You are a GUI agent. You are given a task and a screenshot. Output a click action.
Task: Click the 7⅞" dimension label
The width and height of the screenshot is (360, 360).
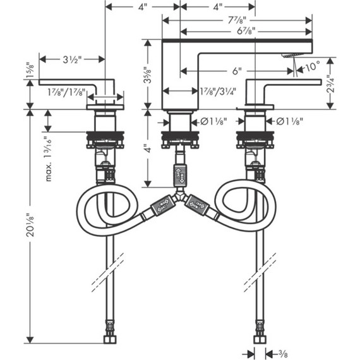[237, 20]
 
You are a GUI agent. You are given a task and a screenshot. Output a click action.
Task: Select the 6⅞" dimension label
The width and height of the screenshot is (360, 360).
[246, 31]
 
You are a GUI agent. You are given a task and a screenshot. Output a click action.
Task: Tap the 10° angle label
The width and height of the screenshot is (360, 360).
[313, 66]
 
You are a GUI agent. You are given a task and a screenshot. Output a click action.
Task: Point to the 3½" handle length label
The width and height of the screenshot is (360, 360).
[73, 60]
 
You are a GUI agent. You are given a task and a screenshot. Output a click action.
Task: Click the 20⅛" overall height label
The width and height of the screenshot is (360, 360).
[30, 225]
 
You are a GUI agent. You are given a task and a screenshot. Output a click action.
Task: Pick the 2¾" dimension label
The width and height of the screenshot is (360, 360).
[330, 84]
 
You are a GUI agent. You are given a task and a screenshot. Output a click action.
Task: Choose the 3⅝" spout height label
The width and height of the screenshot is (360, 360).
[148, 75]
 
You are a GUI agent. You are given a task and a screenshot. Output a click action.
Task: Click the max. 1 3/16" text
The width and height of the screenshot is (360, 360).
[48, 159]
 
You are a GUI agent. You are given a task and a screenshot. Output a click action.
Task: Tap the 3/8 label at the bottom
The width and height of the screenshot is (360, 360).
[282, 352]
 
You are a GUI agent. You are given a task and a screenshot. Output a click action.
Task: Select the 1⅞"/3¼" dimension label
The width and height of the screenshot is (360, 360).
[218, 92]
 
